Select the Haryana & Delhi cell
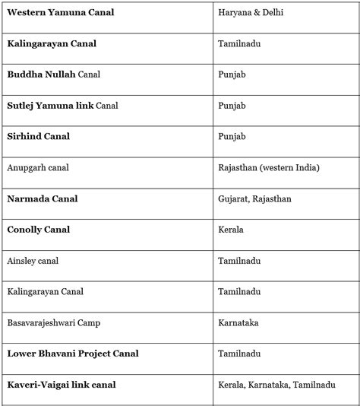point(251,13)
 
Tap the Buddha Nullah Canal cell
point(53,75)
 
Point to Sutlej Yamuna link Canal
point(62,106)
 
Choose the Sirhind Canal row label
point(38,137)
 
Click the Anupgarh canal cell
point(37,168)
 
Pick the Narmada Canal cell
point(43,199)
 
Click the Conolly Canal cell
point(38,230)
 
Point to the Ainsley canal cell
point(33,261)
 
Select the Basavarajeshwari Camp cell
point(53,323)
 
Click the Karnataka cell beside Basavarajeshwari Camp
point(238,323)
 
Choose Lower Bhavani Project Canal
point(73,354)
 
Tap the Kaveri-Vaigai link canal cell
point(62,385)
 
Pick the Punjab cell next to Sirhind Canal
point(231,137)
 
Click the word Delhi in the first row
point(271,13)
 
